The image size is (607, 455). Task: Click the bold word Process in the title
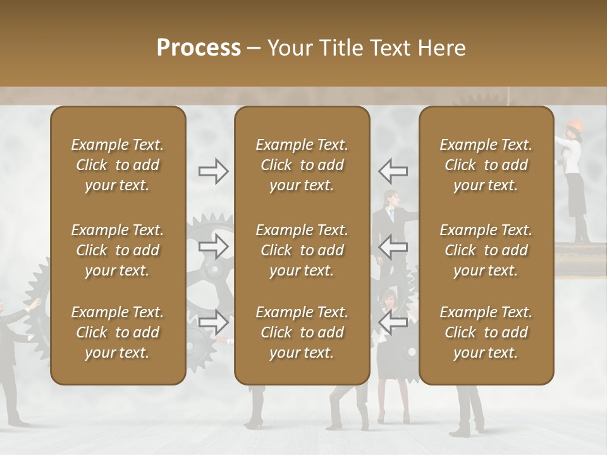click(199, 48)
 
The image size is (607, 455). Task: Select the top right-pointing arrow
click(214, 171)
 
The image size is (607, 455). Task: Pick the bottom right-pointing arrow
click(214, 322)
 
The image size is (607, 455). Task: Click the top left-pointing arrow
click(393, 171)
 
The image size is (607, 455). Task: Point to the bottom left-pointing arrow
click(393, 322)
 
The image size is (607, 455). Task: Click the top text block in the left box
click(118, 165)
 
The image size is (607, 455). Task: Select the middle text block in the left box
click(118, 250)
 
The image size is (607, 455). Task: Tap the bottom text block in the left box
click(118, 332)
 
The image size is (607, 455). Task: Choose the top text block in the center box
click(302, 165)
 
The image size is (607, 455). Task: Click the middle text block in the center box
click(302, 250)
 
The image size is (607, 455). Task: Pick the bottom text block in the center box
click(302, 332)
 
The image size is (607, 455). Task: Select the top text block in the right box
click(486, 165)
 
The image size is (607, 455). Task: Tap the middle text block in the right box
click(486, 250)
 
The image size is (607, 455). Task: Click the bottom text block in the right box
click(486, 332)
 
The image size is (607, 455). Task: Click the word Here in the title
click(441, 48)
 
